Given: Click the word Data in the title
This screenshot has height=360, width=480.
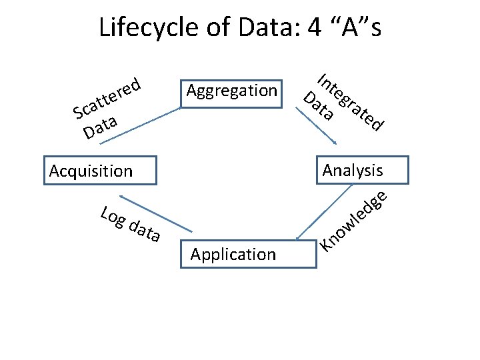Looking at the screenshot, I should (x=256, y=28).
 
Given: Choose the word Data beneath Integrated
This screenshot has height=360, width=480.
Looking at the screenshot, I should (x=319, y=106).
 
